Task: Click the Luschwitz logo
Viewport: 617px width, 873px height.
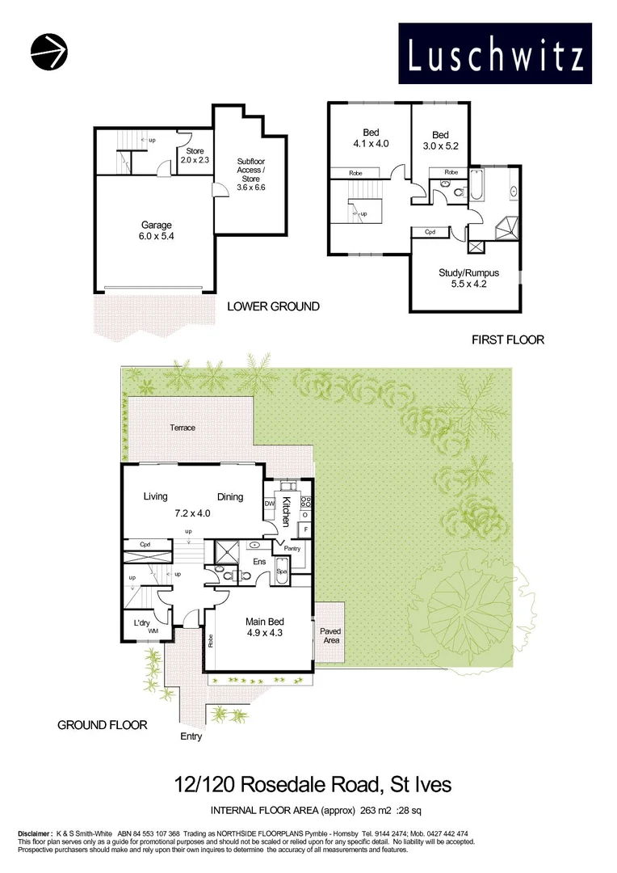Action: (496, 53)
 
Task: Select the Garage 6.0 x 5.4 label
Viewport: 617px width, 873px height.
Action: (157, 231)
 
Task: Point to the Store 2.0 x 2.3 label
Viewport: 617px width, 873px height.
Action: (195, 155)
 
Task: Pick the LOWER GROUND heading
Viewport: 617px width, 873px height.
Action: (273, 306)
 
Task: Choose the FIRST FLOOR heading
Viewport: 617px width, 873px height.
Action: (508, 339)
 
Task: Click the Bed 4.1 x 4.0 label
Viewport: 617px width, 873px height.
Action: (371, 138)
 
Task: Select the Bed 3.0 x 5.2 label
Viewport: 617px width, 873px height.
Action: (440, 141)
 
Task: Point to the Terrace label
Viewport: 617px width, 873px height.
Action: (183, 428)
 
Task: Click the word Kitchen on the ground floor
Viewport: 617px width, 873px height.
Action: (286, 513)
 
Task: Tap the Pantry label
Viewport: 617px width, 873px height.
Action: (292, 548)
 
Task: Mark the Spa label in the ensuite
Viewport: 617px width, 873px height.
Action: (282, 571)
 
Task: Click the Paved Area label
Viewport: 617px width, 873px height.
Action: (330, 635)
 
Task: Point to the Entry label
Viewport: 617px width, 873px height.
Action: (191, 736)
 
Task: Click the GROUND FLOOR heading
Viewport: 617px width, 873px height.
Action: (103, 725)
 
